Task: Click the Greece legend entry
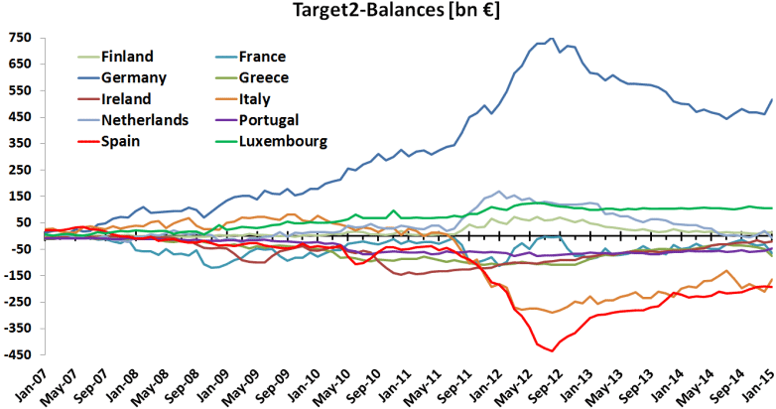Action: (x=264, y=77)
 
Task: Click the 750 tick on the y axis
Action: (x=20, y=38)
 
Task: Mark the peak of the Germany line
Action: (x=552, y=39)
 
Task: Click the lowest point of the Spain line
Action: (x=551, y=350)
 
